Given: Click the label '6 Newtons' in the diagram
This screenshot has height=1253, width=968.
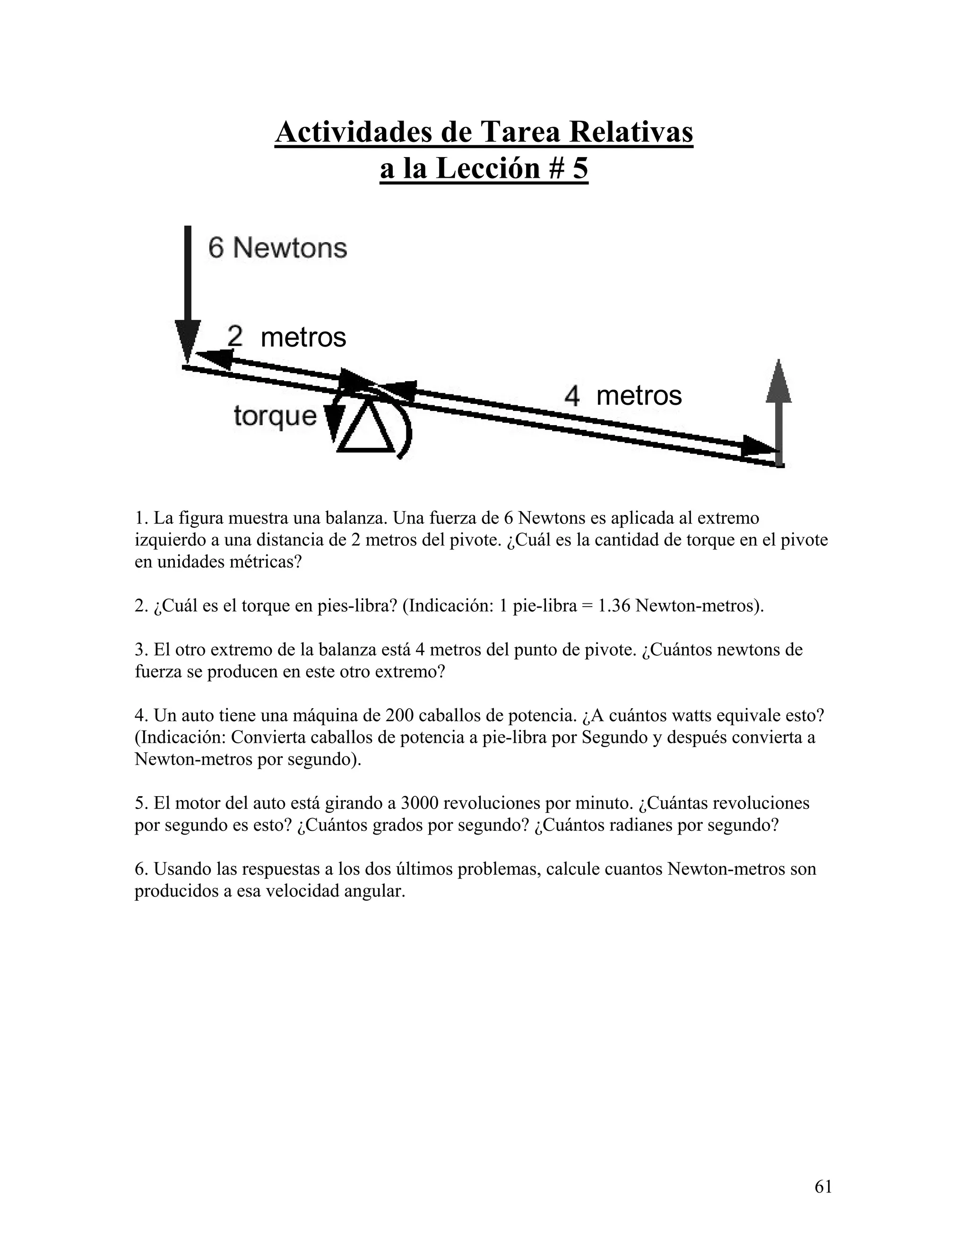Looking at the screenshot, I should point(277,248).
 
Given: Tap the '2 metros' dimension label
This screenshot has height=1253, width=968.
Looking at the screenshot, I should point(286,337).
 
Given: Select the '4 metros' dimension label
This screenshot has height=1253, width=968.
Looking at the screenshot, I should point(623,396).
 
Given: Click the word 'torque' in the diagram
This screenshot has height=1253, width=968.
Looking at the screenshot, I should point(275,415).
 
